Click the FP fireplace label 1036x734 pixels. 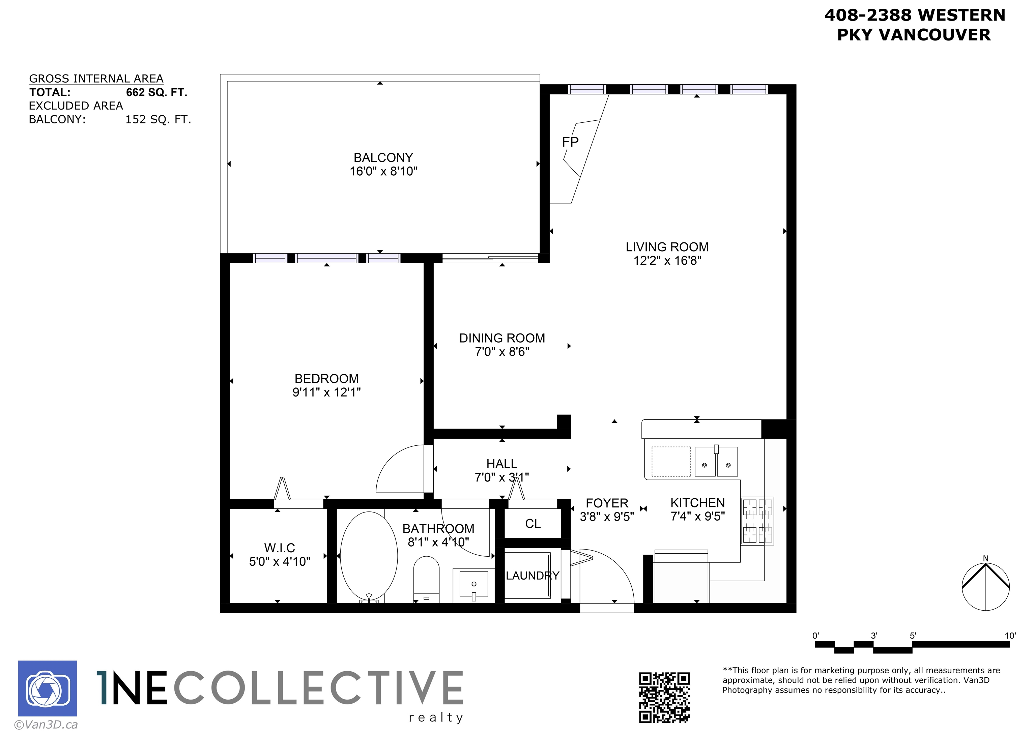(x=570, y=142)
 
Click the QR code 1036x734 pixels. (x=664, y=697)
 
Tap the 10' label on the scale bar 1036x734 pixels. (x=1010, y=636)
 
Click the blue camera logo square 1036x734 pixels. (x=48, y=688)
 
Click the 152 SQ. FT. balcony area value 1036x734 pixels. (x=158, y=119)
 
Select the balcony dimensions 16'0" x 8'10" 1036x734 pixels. (x=383, y=171)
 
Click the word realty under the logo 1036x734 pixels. (x=436, y=717)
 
